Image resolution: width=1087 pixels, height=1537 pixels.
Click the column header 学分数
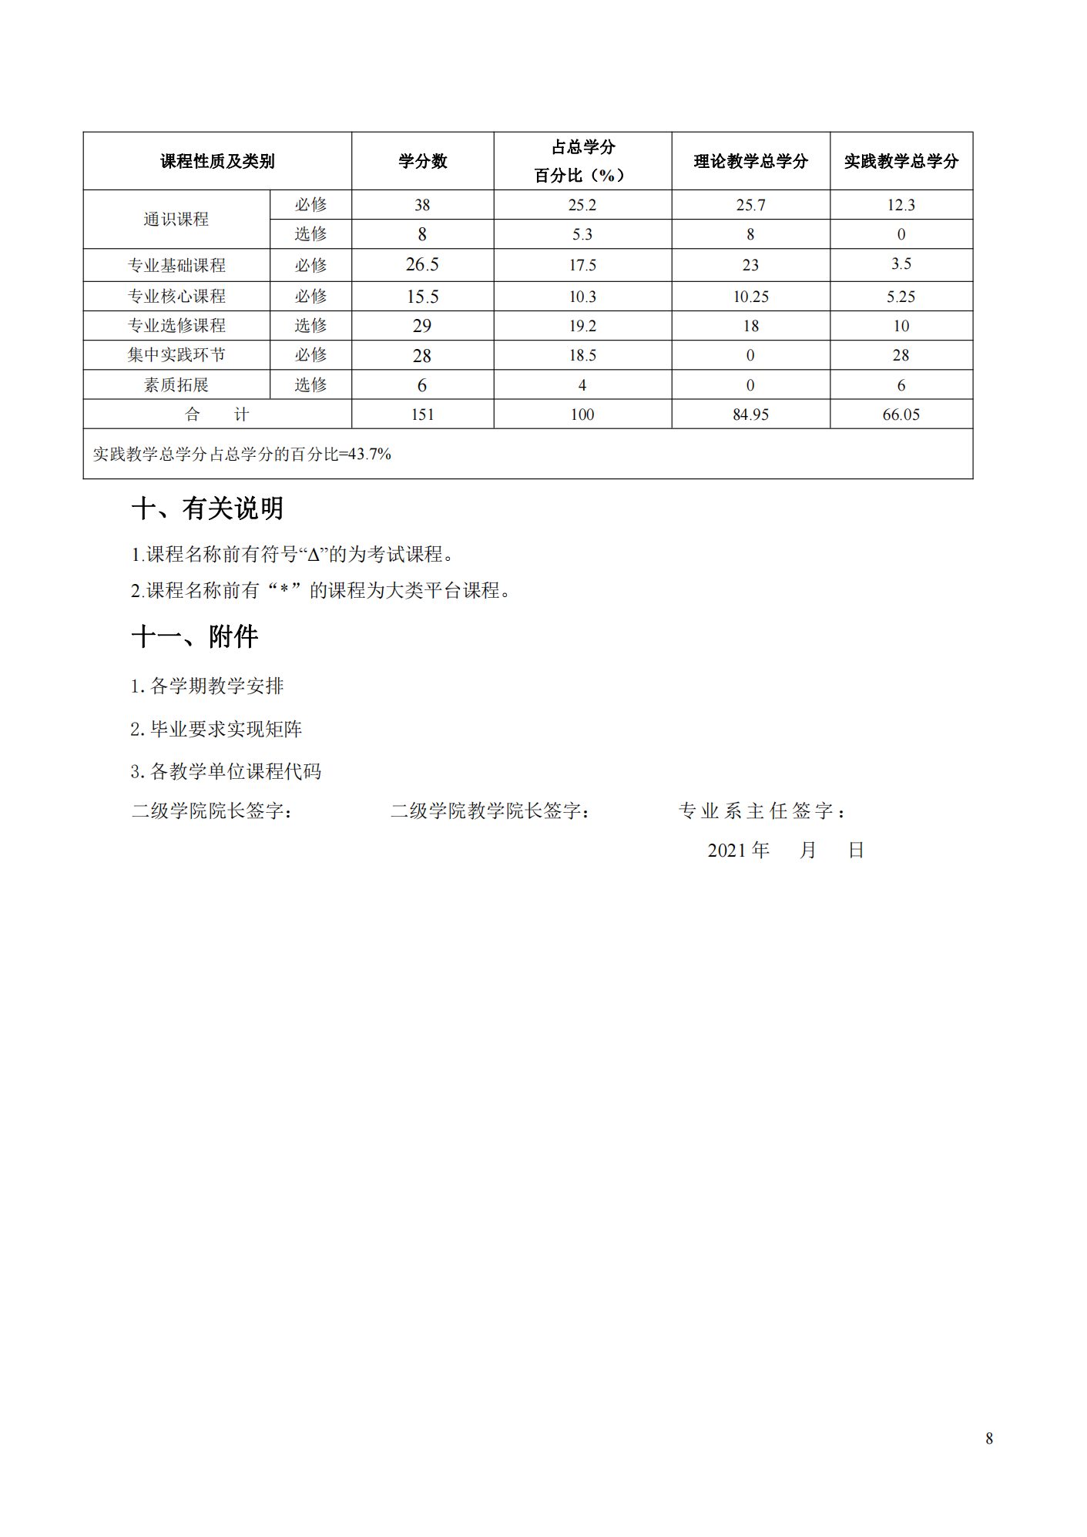422,161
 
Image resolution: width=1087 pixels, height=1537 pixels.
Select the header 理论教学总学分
750,161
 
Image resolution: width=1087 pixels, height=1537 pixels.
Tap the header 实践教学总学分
901,161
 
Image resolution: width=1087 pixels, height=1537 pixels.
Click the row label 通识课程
176,220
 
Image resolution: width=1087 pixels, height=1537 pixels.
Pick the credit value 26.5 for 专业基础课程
422,265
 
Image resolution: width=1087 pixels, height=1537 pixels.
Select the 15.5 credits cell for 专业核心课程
422,297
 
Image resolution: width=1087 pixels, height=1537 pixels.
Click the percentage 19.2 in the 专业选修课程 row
582,326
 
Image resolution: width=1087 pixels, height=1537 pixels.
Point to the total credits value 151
422,414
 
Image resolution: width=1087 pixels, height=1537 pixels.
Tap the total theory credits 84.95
750,414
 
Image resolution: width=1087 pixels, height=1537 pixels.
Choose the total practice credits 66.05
901,414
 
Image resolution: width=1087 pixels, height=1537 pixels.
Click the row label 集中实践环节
176,355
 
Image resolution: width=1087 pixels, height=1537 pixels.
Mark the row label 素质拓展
176,385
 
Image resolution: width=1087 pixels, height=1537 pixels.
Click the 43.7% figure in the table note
370,455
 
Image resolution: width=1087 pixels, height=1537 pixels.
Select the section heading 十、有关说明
207,508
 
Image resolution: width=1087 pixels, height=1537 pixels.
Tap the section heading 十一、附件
194,637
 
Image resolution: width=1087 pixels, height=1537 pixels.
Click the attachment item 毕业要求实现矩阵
226,729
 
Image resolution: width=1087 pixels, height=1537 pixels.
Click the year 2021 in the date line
726,851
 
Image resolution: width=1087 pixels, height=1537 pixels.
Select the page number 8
989,1438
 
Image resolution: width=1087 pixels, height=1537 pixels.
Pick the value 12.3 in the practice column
901,205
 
